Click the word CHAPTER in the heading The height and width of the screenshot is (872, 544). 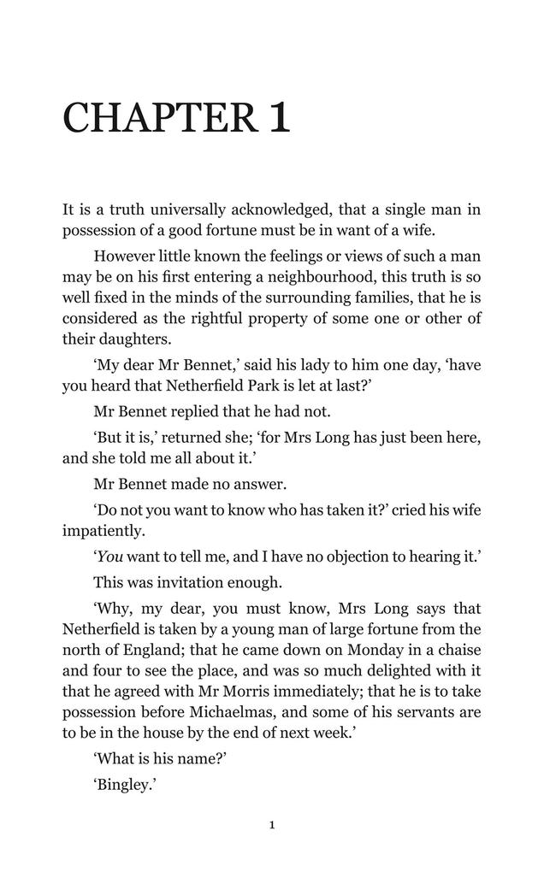pyautogui.click(x=159, y=118)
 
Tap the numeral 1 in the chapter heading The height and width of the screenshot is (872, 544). pyautogui.click(x=279, y=118)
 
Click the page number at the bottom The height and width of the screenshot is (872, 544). pyautogui.click(x=272, y=825)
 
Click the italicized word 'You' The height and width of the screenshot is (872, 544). pyautogui.click(x=111, y=557)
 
